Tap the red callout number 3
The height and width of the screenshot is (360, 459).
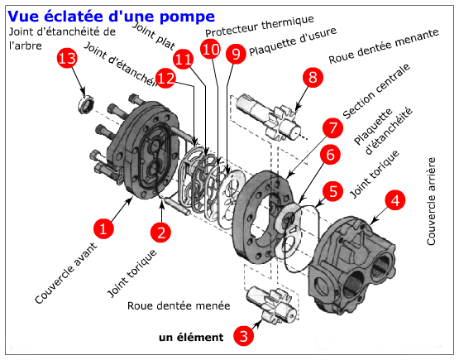coord(243,335)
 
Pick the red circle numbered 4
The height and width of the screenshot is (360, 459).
coord(394,199)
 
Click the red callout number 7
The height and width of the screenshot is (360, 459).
coord(332,128)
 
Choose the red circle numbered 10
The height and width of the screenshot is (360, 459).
coord(211,50)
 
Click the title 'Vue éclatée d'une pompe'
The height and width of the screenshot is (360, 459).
coord(112,15)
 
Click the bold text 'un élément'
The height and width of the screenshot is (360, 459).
coord(191,337)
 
